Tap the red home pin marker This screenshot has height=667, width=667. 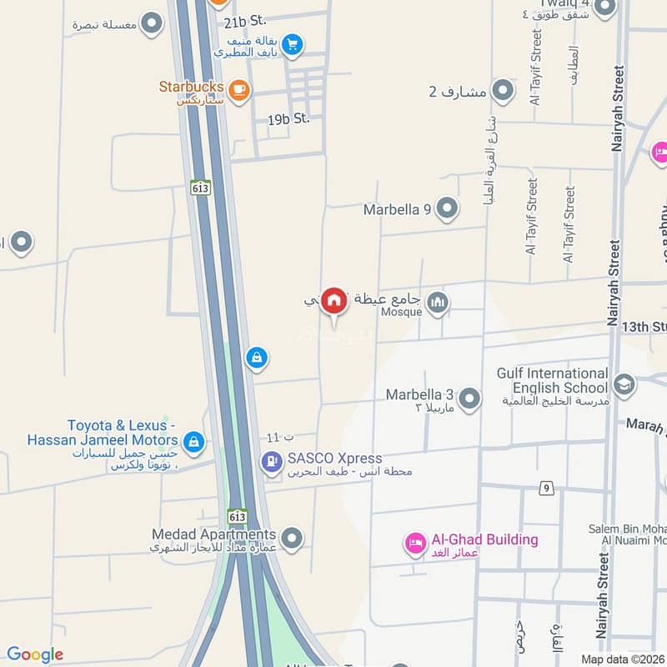(334, 301)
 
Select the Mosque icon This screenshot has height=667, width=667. (438, 303)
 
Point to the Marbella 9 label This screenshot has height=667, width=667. (397, 209)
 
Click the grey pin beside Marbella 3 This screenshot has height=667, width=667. (469, 399)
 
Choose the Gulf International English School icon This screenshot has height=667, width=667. (623, 385)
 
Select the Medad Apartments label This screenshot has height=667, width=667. (213, 534)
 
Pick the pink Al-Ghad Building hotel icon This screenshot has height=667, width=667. (414, 544)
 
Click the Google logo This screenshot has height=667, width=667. (35, 654)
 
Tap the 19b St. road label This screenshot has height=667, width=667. (288, 118)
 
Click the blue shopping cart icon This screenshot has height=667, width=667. (291, 44)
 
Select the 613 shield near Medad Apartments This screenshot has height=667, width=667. (238, 517)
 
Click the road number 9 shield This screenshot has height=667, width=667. (547, 488)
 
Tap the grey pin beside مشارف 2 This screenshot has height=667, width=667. (502, 90)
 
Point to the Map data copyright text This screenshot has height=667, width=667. (623, 658)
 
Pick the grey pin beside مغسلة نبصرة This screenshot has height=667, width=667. (151, 24)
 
